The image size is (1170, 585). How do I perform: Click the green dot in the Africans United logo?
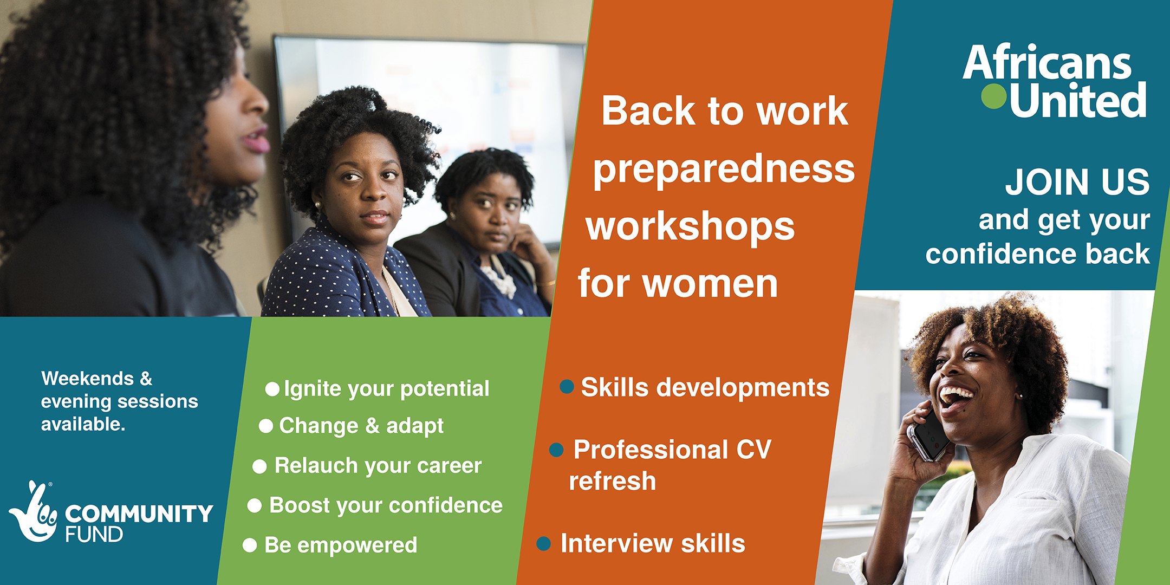(994, 96)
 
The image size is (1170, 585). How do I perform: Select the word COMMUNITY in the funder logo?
(139, 513)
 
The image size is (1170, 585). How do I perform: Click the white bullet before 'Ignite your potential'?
(272, 389)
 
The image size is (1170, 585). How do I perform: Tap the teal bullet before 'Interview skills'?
(543, 543)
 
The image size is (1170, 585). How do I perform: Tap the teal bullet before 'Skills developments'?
(567, 387)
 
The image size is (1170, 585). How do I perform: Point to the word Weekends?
(88, 378)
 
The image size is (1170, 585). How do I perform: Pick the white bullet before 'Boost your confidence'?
(255, 505)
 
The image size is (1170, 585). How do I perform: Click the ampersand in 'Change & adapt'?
(372, 426)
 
